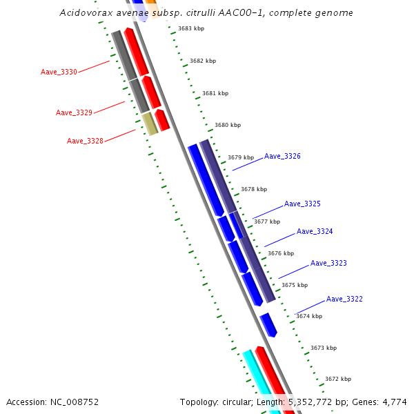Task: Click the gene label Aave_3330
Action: click(x=59, y=72)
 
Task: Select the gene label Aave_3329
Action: click(x=74, y=112)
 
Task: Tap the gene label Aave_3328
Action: click(x=85, y=141)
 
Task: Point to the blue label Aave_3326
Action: click(x=282, y=157)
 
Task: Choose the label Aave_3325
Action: click(x=302, y=204)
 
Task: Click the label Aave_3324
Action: click(x=315, y=232)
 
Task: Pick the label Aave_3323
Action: click(x=328, y=264)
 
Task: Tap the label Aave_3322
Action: click(x=344, y=299)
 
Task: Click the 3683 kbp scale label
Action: click(x=191, y=28)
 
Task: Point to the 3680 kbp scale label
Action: click(x=228, y=125)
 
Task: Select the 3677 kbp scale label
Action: click(x=267, y=221)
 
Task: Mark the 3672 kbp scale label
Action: click(x=338, y=379)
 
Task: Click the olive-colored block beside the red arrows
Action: click(x=150, y=124)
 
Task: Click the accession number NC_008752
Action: click(x=75, y=402)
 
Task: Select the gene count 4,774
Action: click(x=395, y=402)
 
